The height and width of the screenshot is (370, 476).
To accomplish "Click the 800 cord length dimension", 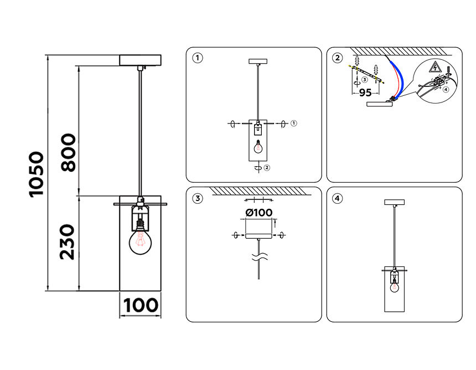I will pos(68,152).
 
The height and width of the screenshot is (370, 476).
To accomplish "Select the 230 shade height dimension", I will pos(68,241).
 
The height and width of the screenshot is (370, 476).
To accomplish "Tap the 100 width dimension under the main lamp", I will pos(140,305).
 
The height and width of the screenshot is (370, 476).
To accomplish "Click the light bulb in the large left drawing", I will pos(140,240).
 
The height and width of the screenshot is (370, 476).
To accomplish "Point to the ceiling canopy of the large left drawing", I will pos(140,60).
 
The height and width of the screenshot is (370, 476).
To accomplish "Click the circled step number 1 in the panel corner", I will pos(198,58).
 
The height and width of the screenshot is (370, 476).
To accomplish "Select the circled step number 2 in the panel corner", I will pos(338,58).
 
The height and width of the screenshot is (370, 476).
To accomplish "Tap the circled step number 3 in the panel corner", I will pos(198,198).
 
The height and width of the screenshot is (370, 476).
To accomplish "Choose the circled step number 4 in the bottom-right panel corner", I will pos(338,198).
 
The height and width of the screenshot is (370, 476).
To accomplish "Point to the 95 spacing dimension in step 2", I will pos(365,92).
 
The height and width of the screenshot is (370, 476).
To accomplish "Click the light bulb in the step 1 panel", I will pos(258,147).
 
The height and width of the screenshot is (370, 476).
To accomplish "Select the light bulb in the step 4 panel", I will pos(395,287).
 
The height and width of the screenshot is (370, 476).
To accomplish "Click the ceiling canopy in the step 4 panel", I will pos(395,202).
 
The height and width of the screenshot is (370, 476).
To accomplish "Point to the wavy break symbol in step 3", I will pos(259,258).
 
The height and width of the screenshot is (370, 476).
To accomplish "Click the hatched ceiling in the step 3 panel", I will pos(254,191).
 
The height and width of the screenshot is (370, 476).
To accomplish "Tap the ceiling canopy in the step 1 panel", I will pos(258,61).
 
